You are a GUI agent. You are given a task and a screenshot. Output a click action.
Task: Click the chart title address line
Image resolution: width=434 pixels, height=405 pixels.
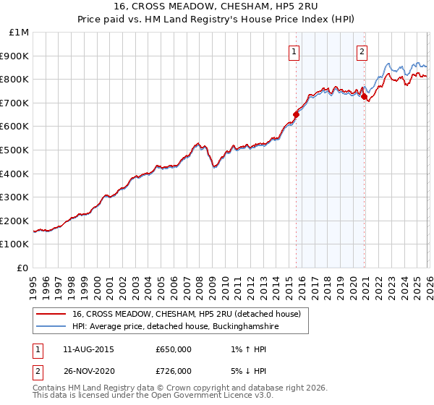216,8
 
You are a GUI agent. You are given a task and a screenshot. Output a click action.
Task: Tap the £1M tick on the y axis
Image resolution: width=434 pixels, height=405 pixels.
18,33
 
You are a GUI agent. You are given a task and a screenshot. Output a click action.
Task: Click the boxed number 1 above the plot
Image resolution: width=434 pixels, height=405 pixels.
295,51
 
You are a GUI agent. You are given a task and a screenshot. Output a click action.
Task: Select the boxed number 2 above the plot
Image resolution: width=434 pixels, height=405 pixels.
362,51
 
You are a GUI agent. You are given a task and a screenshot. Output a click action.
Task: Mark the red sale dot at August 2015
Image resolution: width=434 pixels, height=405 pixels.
296,114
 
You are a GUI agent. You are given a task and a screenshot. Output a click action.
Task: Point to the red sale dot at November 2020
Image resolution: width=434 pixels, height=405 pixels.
365,96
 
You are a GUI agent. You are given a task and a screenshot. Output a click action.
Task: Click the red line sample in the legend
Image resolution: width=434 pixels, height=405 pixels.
51,314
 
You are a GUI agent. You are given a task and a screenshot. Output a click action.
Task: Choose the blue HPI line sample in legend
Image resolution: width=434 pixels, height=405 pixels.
51,327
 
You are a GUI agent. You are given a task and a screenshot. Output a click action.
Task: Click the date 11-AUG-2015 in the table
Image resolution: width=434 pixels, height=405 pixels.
88,349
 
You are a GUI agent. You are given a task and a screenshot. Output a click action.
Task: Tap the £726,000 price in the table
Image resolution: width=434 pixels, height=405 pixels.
173,370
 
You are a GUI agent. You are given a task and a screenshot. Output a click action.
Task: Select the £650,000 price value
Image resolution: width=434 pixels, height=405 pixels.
173,349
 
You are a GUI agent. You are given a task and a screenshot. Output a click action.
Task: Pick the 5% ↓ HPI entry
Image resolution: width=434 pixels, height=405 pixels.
243,370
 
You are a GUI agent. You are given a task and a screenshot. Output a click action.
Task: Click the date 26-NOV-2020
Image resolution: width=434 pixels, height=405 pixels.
88,370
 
